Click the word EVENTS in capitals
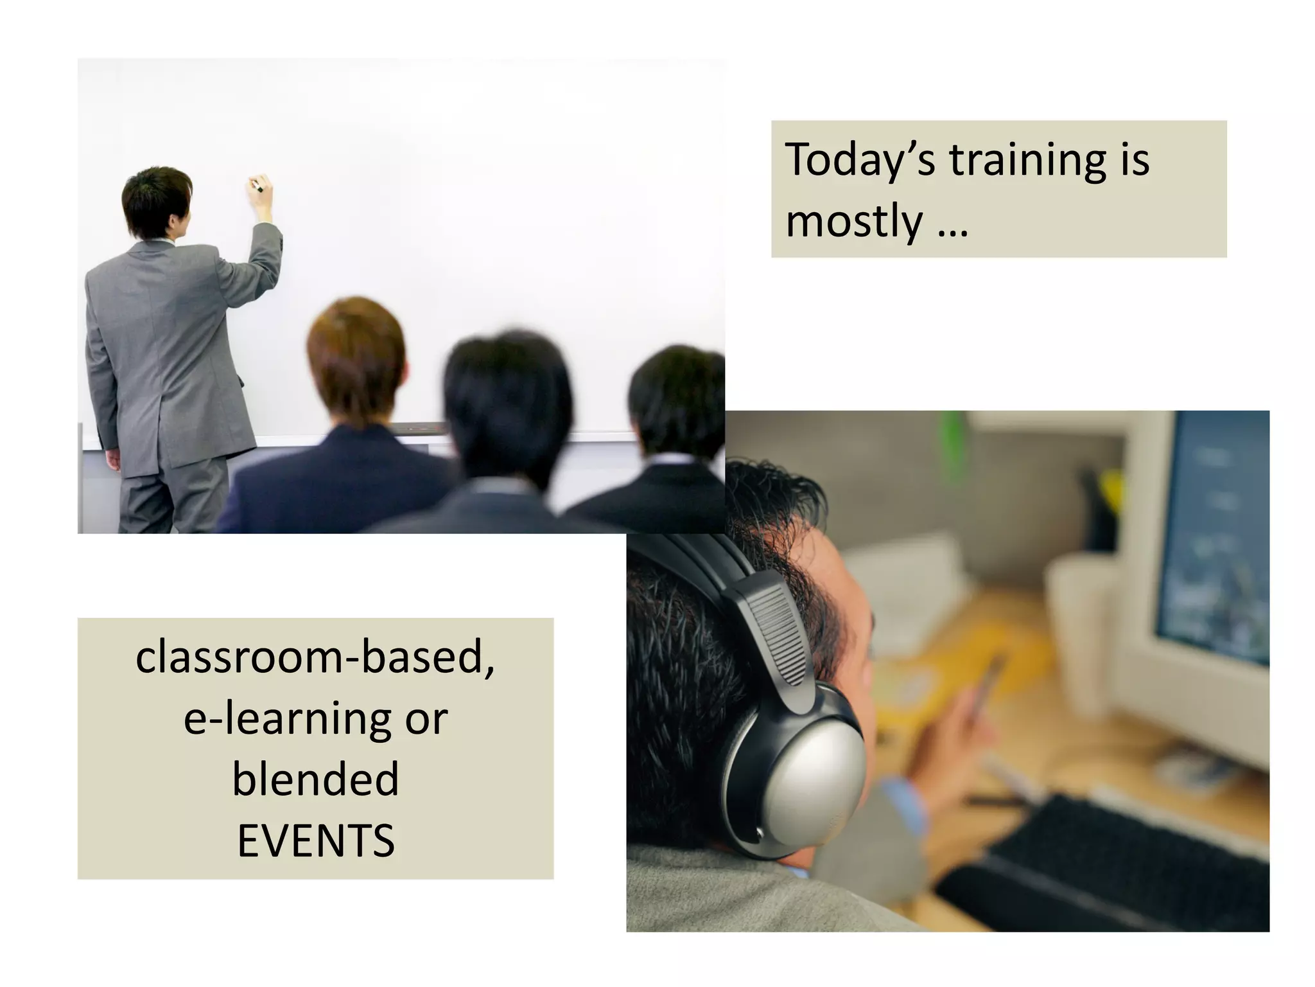tap(316, 840)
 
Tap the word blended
tap(316, 779)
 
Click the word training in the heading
tap(1028, 161)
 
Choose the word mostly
tap(854, 222)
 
